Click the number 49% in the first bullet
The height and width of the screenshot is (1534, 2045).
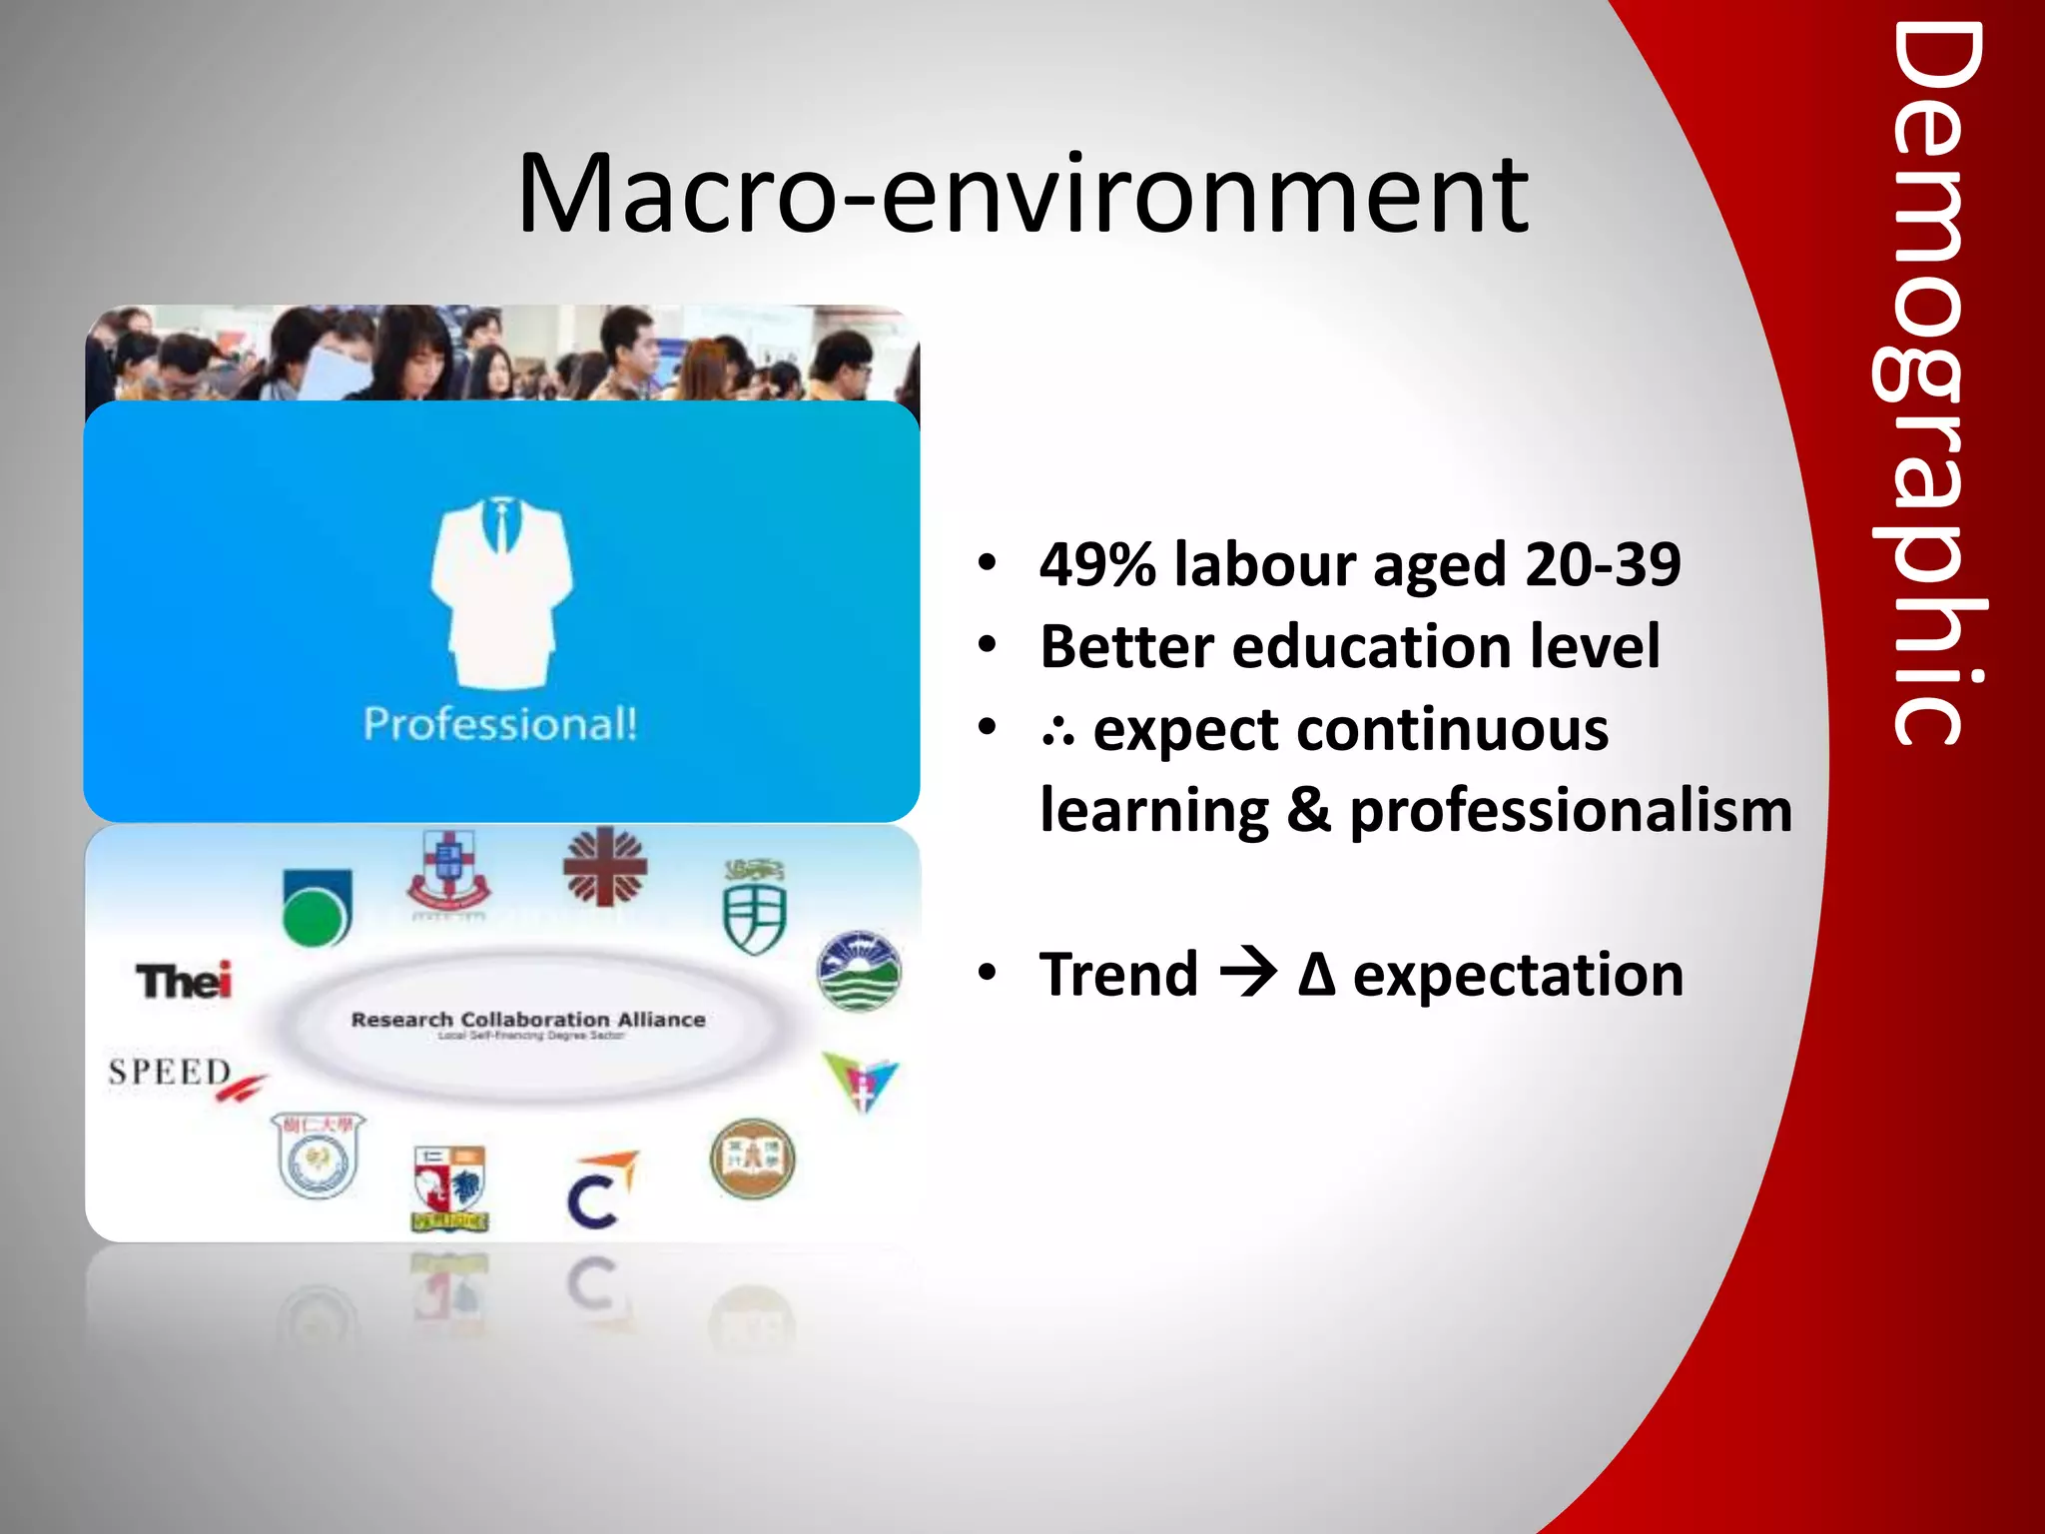point(1097,564)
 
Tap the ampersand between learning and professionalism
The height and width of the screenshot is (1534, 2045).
point(1308,810)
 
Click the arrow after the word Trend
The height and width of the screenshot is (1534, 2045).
point(1248,974)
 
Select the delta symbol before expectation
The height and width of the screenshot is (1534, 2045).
point(1317,975)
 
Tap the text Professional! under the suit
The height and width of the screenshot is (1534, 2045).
point(500,723)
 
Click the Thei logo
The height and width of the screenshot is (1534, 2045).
point(185,980)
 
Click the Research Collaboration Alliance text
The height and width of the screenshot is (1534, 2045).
point(528,1020)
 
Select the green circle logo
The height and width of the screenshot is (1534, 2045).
point(316,908)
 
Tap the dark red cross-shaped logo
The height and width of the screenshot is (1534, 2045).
point(605,867)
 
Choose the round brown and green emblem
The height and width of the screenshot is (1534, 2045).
point(753,1158)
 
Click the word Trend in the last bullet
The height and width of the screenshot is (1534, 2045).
point(1118,975)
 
